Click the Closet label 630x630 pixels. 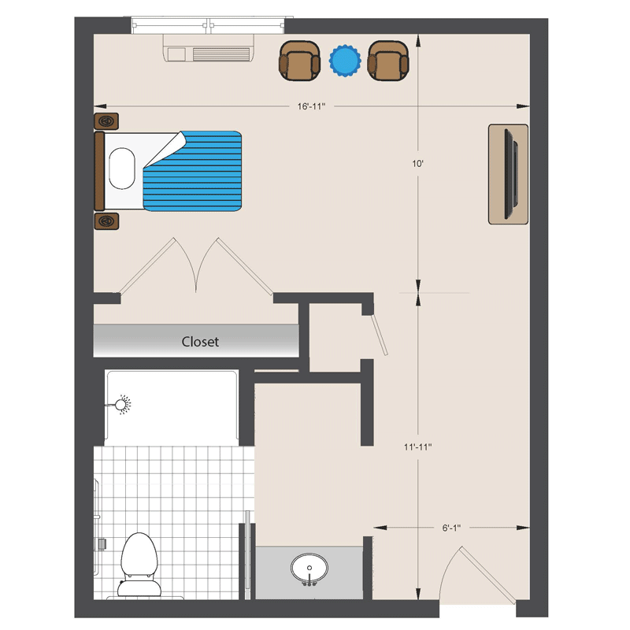click(x=200, y=342)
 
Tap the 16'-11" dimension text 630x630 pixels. click(x=311, y=106)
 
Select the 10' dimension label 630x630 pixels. click(x=418, y=164)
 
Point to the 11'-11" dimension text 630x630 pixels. click(x=418, y=447)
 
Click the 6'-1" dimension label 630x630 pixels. click(x=451, y=528)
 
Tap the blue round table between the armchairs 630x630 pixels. click(x=345, y=61)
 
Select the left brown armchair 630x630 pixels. click(x=299, y=61)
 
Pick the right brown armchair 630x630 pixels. click(x=388, y=61)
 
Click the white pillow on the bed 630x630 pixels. click(x=122, y=169)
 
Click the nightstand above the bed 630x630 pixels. click(x=106, y=121)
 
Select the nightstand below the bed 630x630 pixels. click(x=106, y=221)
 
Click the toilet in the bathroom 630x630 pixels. click(x=139, y=565)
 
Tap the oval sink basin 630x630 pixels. click(x=309, y=568)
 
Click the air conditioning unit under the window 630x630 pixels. click(x=209, y=48)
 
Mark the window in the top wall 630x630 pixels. click(x=208, y=25)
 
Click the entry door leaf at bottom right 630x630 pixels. click(x=487, y=576)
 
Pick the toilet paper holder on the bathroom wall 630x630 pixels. click(x=102, y=544)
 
